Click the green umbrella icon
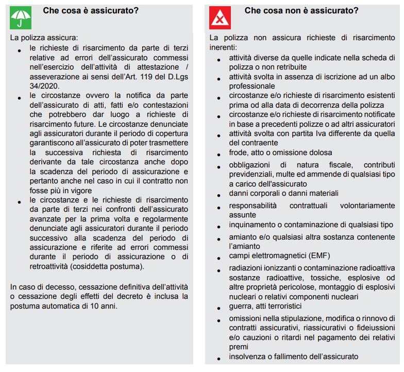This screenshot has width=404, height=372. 21,18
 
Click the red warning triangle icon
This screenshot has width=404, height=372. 220,18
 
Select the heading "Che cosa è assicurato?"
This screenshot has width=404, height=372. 90,11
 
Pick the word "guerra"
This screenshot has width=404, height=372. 241,306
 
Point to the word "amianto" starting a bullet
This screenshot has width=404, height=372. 243,237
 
